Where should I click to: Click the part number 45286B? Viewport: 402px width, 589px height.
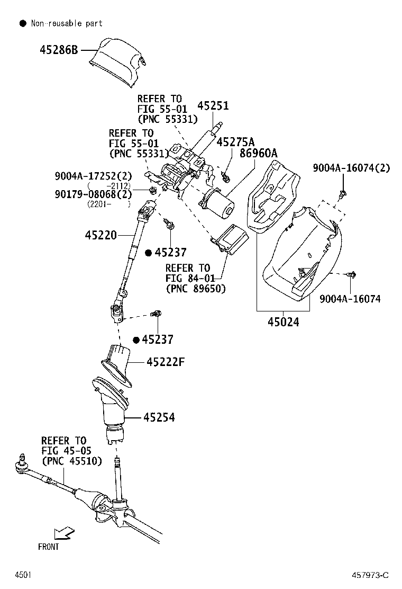click(59, 51)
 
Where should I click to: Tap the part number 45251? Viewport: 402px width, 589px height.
click(213, 106)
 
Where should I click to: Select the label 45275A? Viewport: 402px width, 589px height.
click(235, 142)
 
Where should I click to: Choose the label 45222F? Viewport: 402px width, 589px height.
click(166, 362)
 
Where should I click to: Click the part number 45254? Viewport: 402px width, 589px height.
click(159, 418)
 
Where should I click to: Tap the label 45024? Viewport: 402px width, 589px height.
click(283, 322)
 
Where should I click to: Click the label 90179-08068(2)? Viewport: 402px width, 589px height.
click(93, 194)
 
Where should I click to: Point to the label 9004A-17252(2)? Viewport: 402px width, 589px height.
click(93, 175)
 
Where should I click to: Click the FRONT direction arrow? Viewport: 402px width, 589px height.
click(64, 532)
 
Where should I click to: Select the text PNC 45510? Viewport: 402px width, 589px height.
click(71, 461)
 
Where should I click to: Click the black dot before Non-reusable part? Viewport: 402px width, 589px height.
click(22, 23)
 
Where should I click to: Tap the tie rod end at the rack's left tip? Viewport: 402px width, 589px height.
click(23, 465)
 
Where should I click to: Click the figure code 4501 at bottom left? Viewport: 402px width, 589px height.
click(23, 575)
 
